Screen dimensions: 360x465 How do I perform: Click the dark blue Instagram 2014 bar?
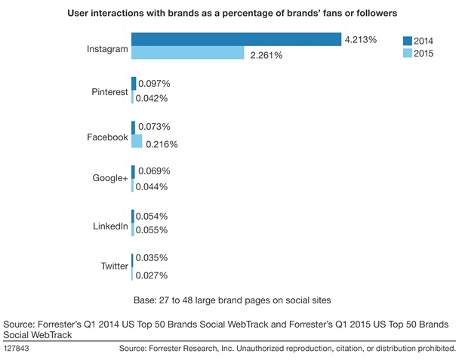point(236,40)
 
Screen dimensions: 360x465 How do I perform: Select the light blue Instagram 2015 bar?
point(187,53)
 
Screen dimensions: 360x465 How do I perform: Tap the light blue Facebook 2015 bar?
point(137,141)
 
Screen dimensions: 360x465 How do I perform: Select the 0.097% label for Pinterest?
point(154,83)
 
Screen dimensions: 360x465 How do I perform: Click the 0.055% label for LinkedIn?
point(152,230)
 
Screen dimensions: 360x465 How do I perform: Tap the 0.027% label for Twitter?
point(152,275)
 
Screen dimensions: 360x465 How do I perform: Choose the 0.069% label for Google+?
point(154,171)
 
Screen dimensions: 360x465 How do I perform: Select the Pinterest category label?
point(107,91)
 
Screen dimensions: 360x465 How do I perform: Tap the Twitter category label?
point(113,266)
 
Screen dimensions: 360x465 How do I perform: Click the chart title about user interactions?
point(232,14)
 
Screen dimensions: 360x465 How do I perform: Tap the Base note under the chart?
point(232,298)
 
